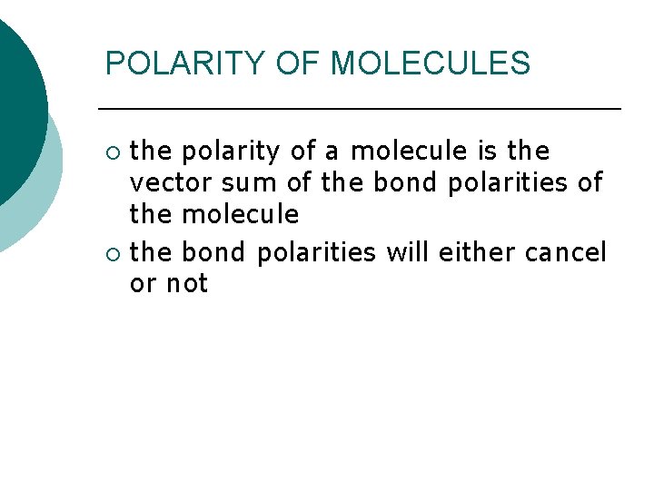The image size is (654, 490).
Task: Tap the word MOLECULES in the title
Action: (x=430, y=64)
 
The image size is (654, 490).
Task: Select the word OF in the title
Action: (x=299, y=64)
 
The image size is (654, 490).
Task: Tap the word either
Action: (x=477, y=251)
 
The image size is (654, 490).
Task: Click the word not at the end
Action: (x=187, y=284)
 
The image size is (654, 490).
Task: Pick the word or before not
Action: (x=143, y=284)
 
